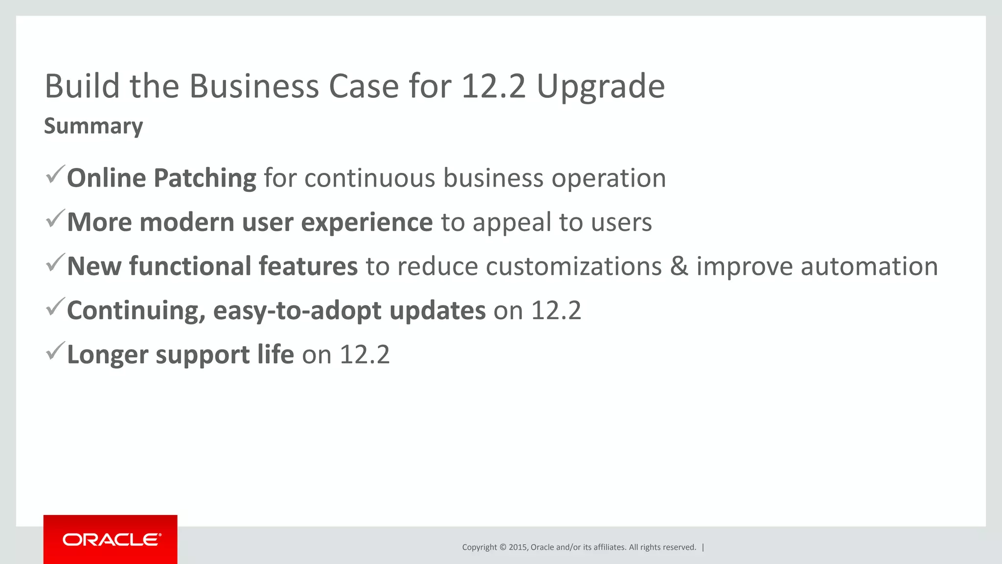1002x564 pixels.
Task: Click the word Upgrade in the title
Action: coord(600,87)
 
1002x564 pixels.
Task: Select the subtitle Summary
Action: coord(93,126)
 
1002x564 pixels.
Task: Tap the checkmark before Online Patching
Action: coord(55,175)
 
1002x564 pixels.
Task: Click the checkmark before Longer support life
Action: coord(55,351)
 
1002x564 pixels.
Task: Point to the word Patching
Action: coord(205,178)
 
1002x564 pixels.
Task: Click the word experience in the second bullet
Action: coord(366,222)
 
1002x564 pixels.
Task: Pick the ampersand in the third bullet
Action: coord(679,266)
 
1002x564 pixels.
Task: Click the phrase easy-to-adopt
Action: coord(297,311)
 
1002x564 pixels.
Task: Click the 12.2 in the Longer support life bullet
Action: coord(364,354)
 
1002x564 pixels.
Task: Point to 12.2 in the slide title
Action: coord(493,87)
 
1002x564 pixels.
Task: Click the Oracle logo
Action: coord(111,540)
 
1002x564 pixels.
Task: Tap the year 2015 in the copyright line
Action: coord(518,547)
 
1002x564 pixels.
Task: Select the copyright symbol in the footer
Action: coord(502,547)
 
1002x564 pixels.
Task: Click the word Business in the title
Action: coord(254,87)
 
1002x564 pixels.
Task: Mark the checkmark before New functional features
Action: coord(55,263)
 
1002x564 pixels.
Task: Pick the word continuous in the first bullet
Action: coord(369,178)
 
